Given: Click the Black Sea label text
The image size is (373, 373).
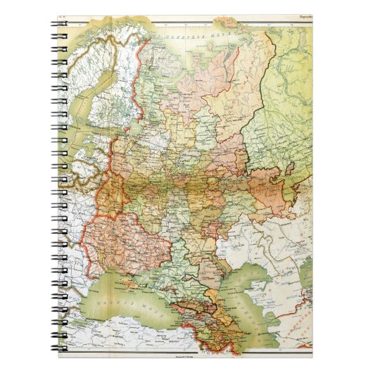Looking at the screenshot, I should (98, 293).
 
